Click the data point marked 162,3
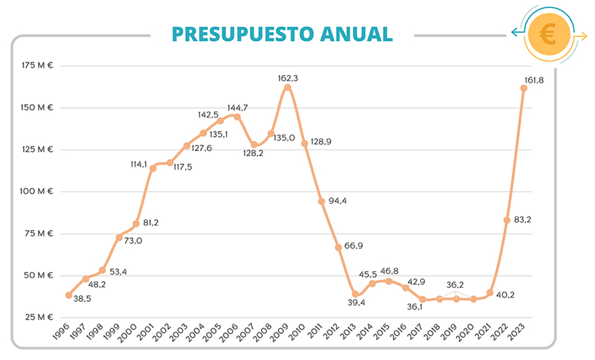pyautogui.click(x=288, y=88)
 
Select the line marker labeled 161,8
pyautogui.click(x=524, y=89)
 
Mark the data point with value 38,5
pyautogui.click(x=69, y=295)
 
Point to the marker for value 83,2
pyautogui.click(x=506, y=220)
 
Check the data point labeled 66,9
pyautogui.click(x=338, y=247)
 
